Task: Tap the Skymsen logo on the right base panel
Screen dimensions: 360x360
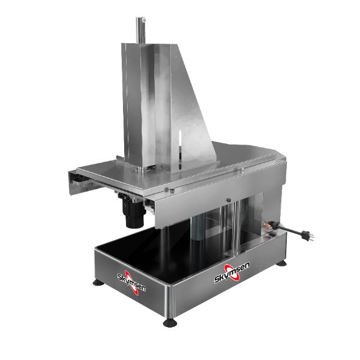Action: tap(232, 272)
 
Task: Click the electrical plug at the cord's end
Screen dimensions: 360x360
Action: tap(307, 235)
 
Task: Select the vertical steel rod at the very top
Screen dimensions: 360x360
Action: tap(140, 31)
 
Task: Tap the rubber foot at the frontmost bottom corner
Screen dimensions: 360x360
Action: tap(170, 322)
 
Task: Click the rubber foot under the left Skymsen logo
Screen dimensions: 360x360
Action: tap(98, 283)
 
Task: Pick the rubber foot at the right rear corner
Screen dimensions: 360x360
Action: tap(281, 263)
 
